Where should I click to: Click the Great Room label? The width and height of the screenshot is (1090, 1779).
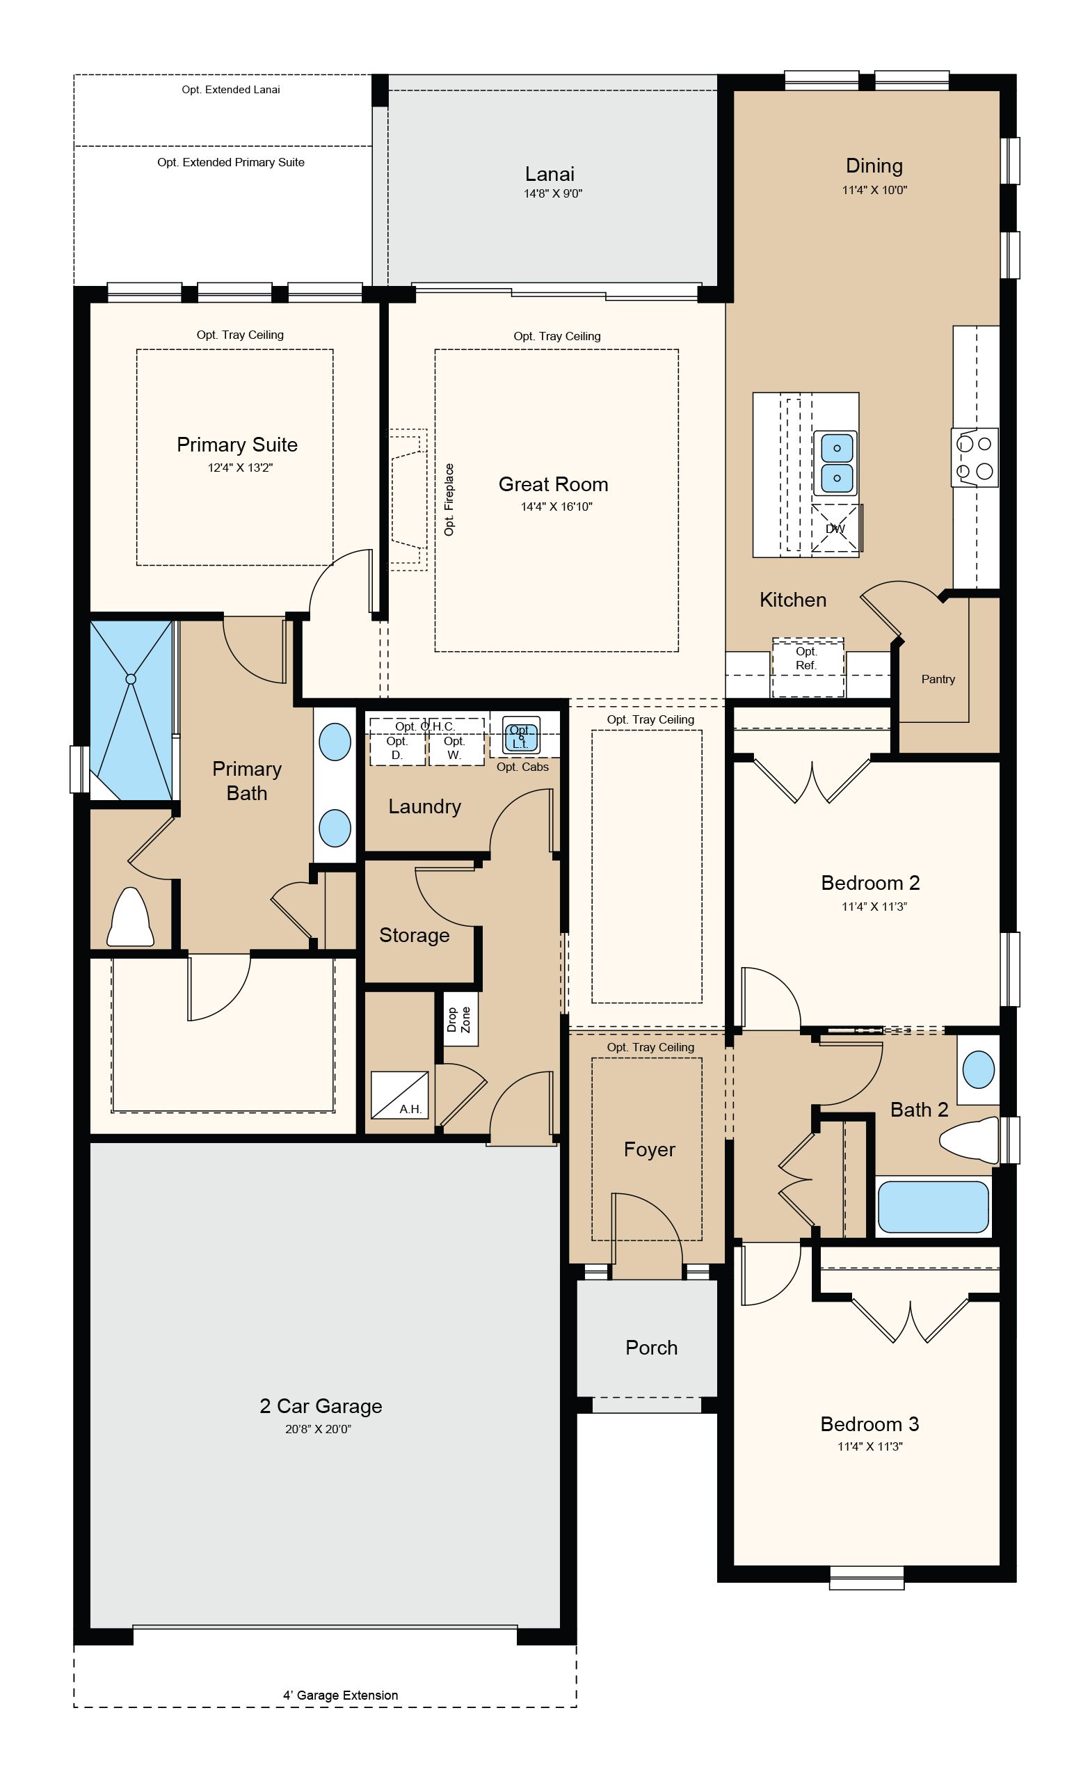(553, 484)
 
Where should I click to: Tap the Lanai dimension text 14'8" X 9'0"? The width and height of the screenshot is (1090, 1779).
(553, 193)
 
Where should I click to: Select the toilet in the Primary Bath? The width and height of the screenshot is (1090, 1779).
(130, 917)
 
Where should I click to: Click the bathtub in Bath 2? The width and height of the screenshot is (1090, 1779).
(933, 1206)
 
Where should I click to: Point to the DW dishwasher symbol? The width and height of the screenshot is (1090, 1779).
(835, 529)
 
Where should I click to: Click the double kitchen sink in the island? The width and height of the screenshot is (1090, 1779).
(837, 463)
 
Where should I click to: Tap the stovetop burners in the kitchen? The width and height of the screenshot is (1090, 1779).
(975, 457)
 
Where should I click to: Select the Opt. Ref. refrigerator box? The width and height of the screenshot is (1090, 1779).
(808, 667)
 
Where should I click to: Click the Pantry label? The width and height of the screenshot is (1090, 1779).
(938, 680)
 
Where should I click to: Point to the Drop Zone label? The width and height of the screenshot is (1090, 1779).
(458, 1019)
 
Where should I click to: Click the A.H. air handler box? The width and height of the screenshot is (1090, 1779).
(399, 1095)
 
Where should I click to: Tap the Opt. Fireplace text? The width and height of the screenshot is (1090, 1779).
(449, 500)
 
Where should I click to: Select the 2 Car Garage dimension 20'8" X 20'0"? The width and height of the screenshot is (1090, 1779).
(319, 1429)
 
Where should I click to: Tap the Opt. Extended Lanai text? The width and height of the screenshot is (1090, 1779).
(230, 90)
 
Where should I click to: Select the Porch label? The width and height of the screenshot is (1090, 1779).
(651, 1348)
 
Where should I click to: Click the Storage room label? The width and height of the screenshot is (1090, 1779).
(415, 935)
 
